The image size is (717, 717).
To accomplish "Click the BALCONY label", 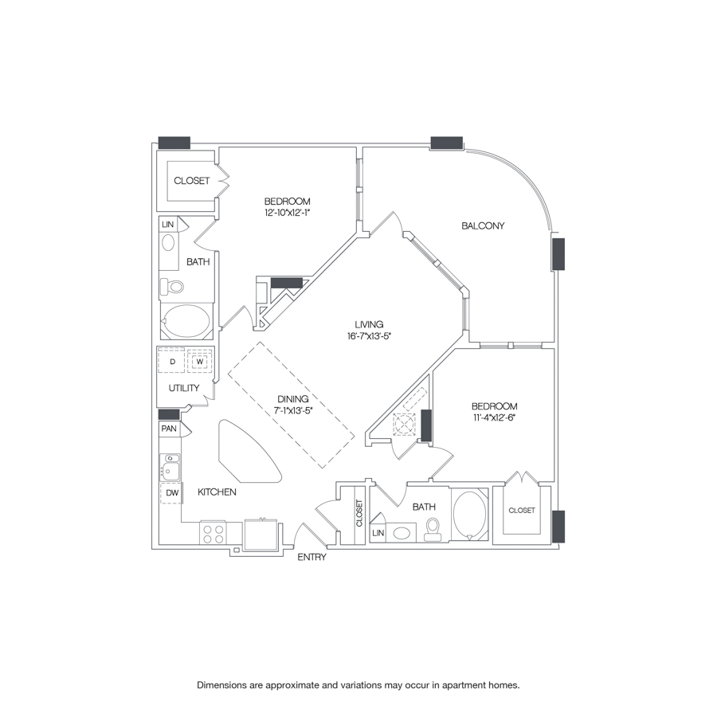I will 484,225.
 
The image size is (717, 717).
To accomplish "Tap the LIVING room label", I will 370,324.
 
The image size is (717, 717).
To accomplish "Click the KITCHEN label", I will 217,492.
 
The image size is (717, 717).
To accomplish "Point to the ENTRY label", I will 311,558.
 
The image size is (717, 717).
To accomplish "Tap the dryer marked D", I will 172,361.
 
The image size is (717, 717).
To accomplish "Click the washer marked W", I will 200,361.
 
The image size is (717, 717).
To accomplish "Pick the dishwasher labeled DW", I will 171,494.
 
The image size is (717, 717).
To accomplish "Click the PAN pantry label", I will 168,429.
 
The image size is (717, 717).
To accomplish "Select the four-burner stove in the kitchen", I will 213,533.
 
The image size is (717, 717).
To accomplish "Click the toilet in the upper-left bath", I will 172,286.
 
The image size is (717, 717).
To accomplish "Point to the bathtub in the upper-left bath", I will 187,321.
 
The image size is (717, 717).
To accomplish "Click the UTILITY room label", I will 183,388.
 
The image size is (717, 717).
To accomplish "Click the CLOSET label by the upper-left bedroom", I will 191,181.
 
